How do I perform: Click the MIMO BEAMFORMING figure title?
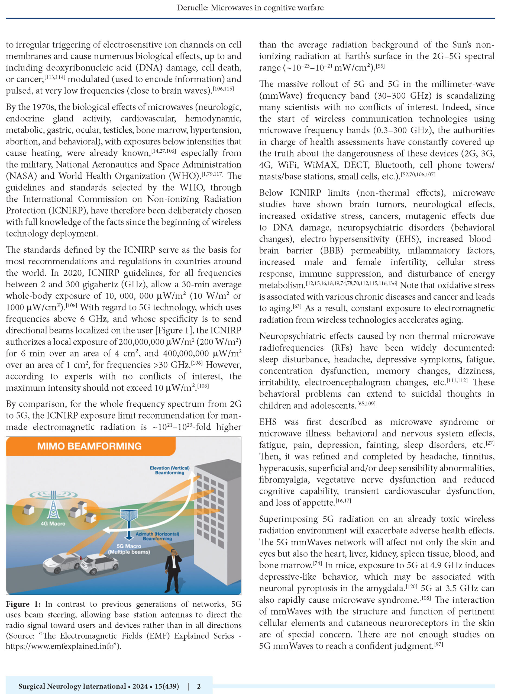[x=89, y=446]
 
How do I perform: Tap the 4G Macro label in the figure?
[x=53, y=524]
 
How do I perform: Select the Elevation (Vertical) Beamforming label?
[x=170, y=470]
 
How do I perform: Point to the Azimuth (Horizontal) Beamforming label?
[x=157, y=536]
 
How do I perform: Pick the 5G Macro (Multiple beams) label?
[x=129, y=549]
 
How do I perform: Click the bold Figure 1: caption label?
[x=23, y=604]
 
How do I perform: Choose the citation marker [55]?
[x=380, y=66]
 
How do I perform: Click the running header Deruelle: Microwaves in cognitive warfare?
[x=250, y=8]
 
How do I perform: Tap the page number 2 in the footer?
[x=199, y=686]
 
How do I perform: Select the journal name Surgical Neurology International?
[x=72, y=686]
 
